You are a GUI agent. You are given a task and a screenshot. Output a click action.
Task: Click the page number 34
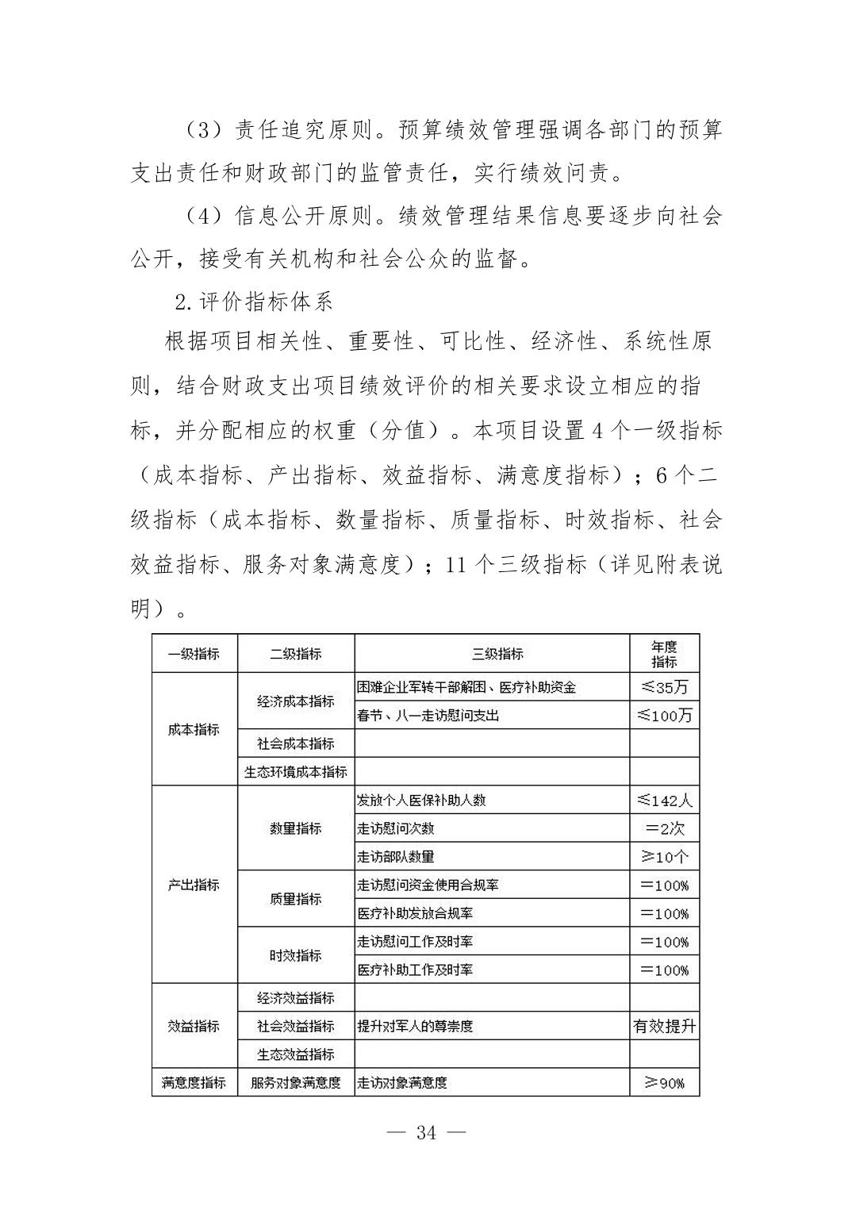coord(426,1132)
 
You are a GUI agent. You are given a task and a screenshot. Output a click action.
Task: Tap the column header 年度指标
coord(664,654)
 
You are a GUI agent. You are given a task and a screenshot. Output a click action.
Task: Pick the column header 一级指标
coord(194,654)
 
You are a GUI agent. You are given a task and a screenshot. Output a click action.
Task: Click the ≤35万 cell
coord(664,687)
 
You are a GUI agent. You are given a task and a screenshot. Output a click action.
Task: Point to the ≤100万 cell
coord(664,716)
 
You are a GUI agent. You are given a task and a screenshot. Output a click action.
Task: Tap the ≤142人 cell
coord(664,800)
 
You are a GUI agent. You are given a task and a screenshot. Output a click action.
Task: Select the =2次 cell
coord(664,828)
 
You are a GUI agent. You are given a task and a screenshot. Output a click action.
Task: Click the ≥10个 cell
coord(664,857)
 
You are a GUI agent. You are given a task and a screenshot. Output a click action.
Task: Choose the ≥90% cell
coord(664,1082)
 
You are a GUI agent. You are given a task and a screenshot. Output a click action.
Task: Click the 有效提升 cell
coord(664,1026)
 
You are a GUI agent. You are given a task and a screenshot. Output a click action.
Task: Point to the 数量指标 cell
coord(296,828)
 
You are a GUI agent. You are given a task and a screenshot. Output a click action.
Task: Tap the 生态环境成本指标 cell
coord(296,772)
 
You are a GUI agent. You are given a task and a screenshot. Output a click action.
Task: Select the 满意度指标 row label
coord(194,1082)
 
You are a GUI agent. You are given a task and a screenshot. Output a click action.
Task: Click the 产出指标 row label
coord(194,885)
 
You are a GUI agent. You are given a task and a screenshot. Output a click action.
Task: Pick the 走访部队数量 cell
coord(396,857)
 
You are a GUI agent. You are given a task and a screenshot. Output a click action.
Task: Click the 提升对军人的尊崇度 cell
coord(415,1026)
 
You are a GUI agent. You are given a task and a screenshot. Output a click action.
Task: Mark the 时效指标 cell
coord(296,955)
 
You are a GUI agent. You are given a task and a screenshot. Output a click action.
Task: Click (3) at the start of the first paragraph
coord(202,129)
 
